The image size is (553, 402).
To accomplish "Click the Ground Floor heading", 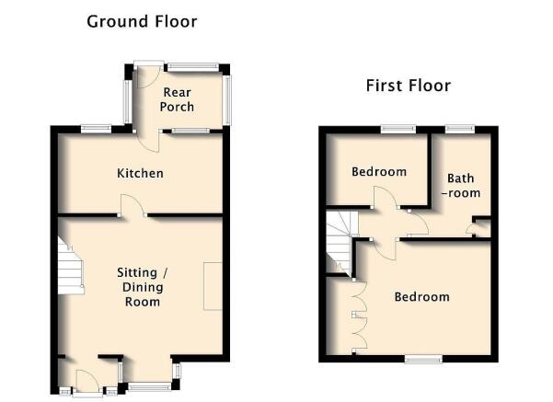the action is coord(142,21).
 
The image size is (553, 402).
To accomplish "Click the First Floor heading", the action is coord(409,86).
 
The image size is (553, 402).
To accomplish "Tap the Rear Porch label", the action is coord(177,99).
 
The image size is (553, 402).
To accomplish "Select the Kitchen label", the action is coord(140,173).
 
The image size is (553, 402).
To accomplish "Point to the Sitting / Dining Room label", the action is coord(143,287).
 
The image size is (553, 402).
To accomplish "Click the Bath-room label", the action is coord(461,186).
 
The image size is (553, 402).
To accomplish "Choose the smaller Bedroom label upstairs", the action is coord(379,172).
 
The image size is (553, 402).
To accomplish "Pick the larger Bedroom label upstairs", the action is coord(421,296).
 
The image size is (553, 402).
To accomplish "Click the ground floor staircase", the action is coord(71,266).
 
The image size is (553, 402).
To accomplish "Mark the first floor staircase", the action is coord(340,242).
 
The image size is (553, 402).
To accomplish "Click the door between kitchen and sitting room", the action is coord(133,205).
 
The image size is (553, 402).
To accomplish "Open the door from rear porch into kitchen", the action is coord(149,141).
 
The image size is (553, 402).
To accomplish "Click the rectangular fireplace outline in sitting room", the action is coord(213,286).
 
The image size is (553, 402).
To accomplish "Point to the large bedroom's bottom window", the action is coord(423,359).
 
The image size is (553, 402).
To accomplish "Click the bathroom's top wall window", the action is coord(460,130).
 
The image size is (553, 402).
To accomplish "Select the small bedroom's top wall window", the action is coord(398,130).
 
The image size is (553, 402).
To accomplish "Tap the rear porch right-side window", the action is coord(228,99).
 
